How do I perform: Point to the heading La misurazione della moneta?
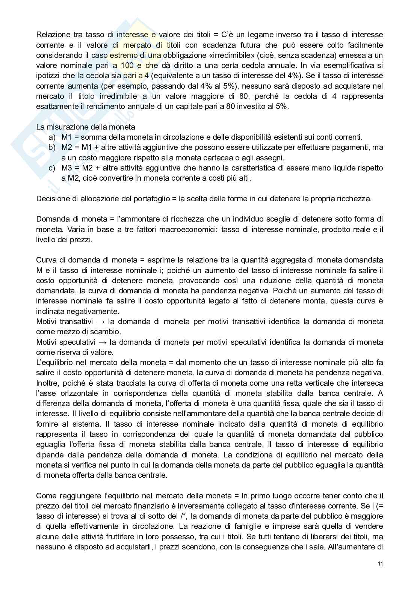pyautogui.click(x=86, y=127)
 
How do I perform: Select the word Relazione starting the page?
pyautogui.click(x=53, y=35)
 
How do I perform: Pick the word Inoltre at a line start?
pyautogui.click(x=48, y=383)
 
